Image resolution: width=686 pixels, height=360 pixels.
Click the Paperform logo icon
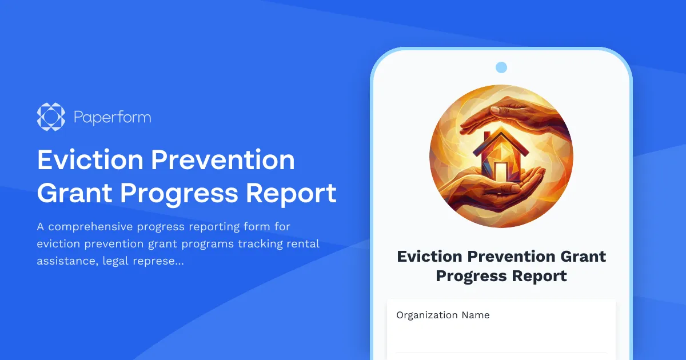point(51,117)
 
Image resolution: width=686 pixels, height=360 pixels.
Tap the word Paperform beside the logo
point(112,118)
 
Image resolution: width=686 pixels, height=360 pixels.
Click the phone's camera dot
point(501,67)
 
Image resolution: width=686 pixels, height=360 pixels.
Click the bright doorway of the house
point(501,171)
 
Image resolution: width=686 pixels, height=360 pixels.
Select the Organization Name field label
point(443,315)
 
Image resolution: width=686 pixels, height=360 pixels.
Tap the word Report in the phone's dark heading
point(540,276)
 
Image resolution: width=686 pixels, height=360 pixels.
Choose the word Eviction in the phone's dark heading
point(430,256)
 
